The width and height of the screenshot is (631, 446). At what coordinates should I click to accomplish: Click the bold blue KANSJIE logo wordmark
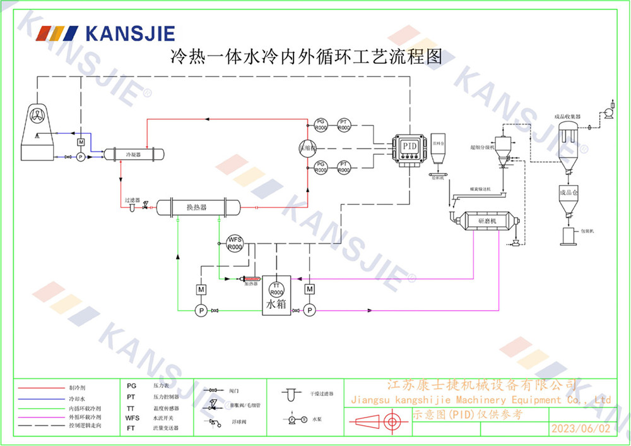(130, 33)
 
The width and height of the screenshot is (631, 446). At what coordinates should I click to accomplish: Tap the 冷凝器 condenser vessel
(134, 154)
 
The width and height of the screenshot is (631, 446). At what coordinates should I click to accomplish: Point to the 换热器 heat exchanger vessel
(198, 207)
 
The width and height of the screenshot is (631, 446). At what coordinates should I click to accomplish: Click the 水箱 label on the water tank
(276, 304)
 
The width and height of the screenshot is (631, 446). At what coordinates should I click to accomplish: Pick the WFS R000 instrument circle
(235, 243)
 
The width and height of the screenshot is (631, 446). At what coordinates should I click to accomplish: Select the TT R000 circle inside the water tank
(276, 289)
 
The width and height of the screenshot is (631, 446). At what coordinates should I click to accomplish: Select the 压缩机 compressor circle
(307, 147)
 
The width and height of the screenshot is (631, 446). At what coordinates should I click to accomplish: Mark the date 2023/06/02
(581, 428)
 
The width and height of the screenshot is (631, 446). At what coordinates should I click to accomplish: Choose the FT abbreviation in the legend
(131, 428)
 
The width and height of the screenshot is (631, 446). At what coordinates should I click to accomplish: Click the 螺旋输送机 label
(479, 189)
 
